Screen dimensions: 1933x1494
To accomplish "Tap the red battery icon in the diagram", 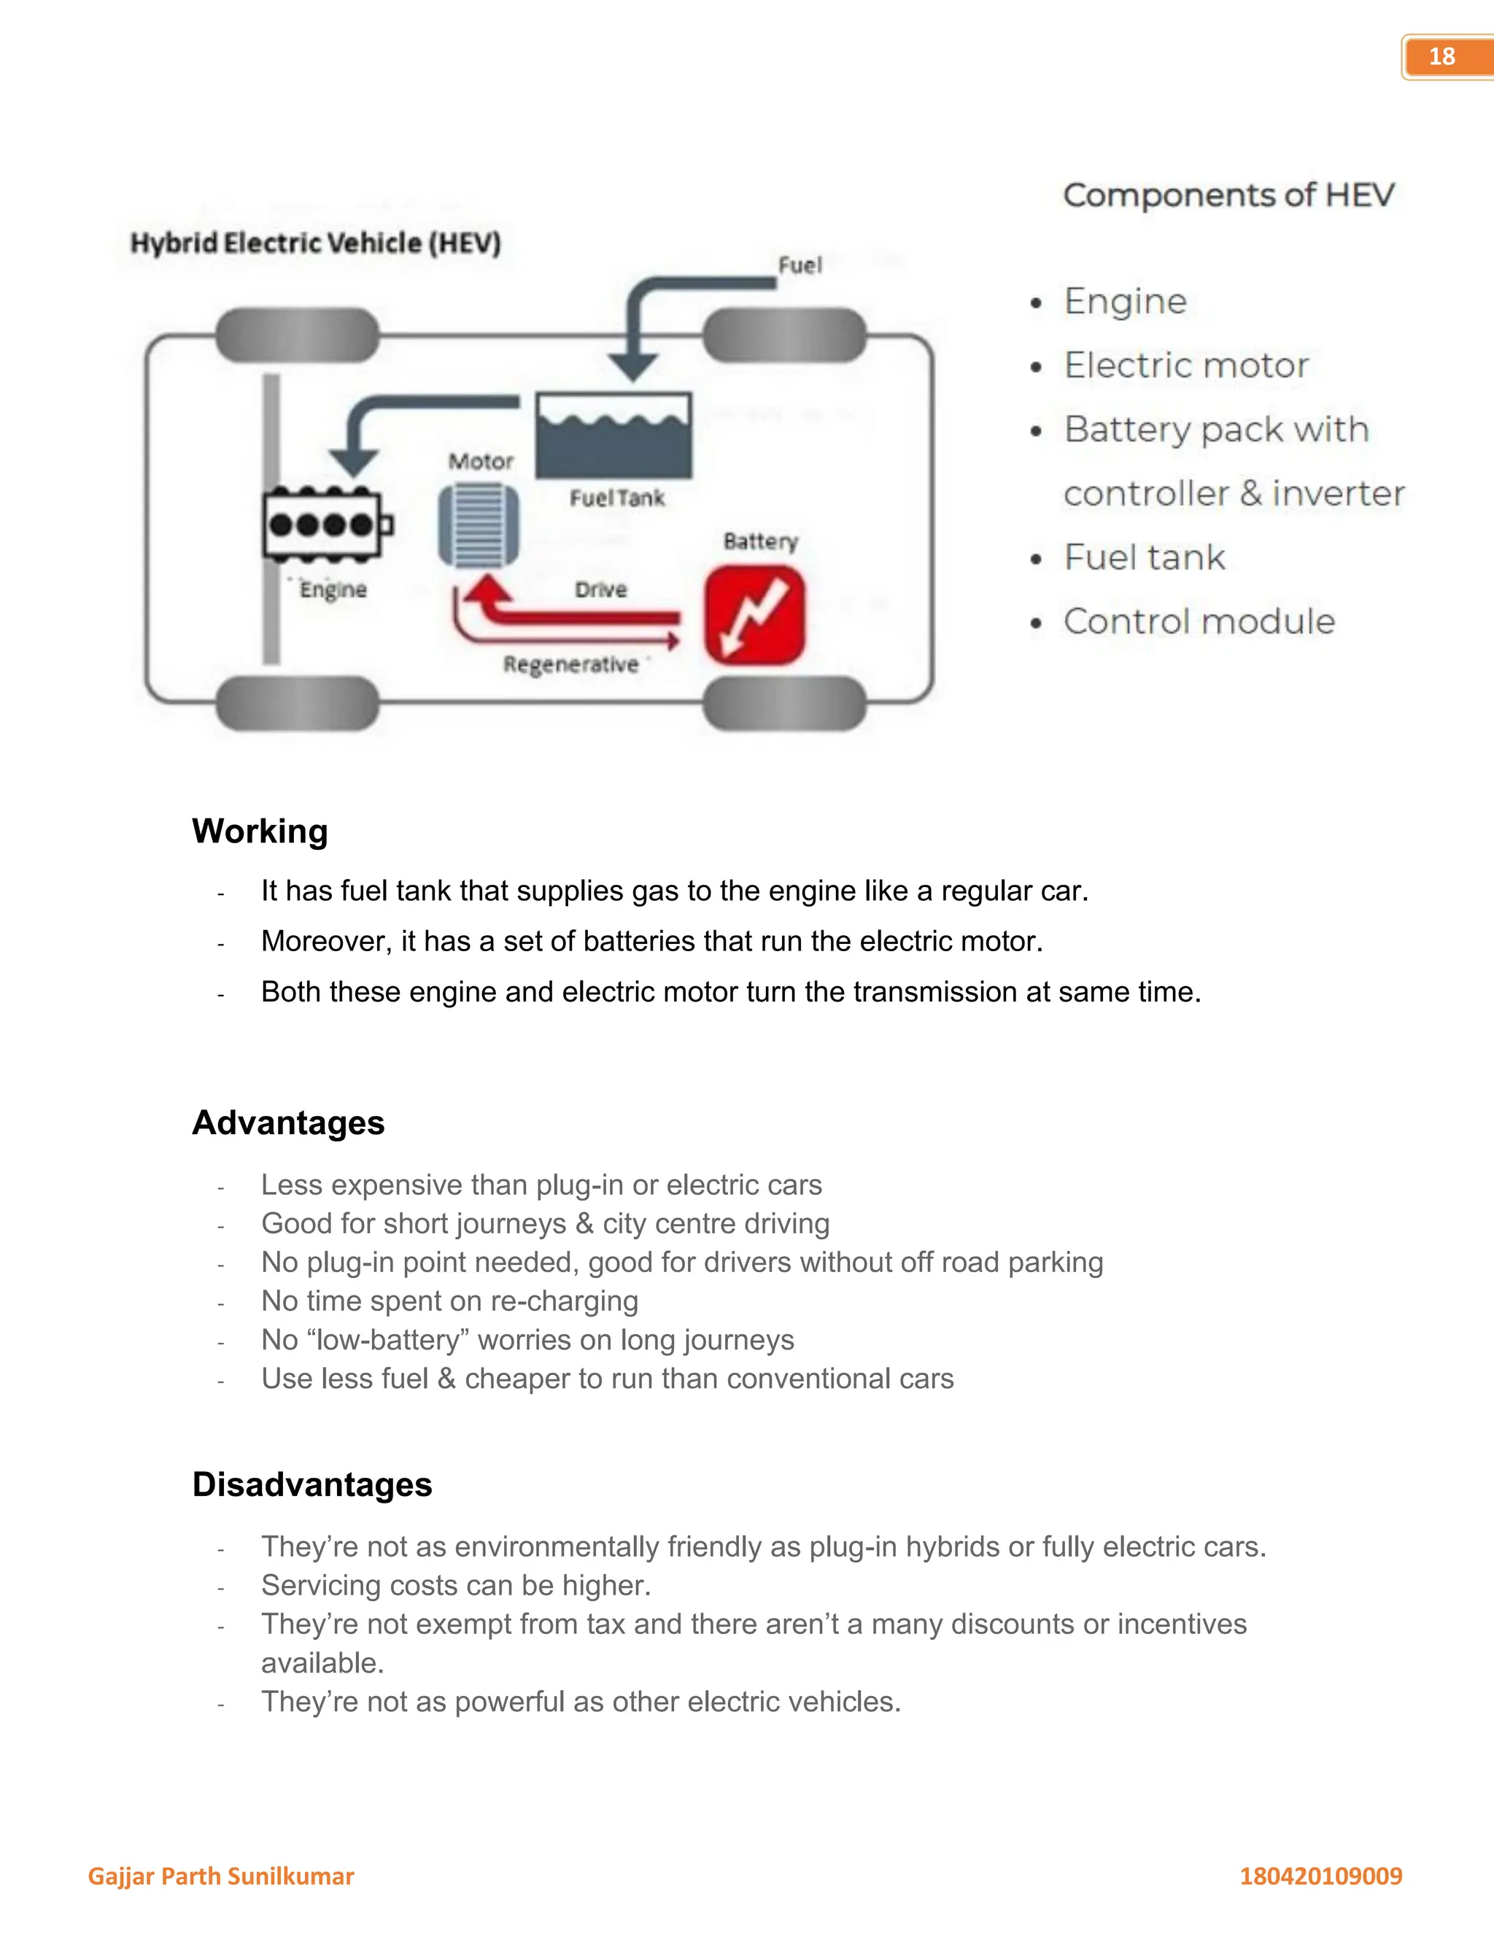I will pos(754,614).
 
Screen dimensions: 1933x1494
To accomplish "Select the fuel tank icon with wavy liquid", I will pos(614,436).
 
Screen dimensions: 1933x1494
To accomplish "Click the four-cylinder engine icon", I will pos(325,524).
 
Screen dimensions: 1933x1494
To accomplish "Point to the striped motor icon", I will pos(479,524).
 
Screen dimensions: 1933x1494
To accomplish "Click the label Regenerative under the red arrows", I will pos(571,665).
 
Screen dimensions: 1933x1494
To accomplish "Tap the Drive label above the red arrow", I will pos(601,589).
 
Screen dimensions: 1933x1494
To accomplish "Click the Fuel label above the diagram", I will pos(800,265).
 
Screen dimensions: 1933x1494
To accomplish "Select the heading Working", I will pos(260,831).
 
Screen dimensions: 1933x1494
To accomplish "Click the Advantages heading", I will pos(289,1123).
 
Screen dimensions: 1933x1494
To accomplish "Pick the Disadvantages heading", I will pos(311,1484).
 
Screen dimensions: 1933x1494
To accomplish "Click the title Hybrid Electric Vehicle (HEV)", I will pos(316,242).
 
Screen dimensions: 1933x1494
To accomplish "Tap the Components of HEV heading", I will pos(1228,195).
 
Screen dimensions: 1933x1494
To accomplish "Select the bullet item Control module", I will pos(1199,621).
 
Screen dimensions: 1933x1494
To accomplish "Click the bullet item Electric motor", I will pos(1185,365).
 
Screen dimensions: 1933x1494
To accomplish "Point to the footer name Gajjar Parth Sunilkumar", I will pos(220,1876).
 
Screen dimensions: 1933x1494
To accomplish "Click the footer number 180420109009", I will pos(1320,1876).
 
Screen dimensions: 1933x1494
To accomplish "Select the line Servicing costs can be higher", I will pos(456,1585).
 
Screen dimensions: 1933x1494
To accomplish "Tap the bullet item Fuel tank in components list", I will pos(1144,557).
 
